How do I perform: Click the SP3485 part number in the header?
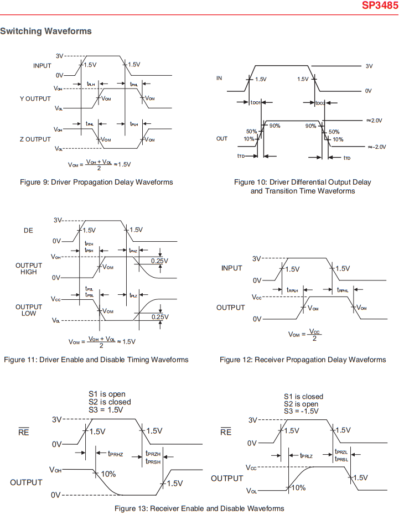(382, 6)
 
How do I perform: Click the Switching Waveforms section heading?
(46, 31)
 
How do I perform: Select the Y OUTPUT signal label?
(35, 98)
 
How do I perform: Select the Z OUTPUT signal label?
(35, 139)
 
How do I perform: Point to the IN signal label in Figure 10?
(219, 79)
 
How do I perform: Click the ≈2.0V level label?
(375, 120)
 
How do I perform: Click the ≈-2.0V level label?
(376, 147)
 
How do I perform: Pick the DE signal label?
(28, 230)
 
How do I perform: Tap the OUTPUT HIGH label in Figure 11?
(25, 268)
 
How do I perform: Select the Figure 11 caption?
(96, 360)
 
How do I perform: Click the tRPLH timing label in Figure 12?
(292, 290)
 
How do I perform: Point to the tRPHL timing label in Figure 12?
(343, 290)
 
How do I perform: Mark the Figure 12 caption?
(303, 360)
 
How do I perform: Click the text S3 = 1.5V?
(106, 410)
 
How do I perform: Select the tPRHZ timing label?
(115, 454)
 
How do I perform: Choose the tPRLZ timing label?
(306, 455)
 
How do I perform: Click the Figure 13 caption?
(199, 508)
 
